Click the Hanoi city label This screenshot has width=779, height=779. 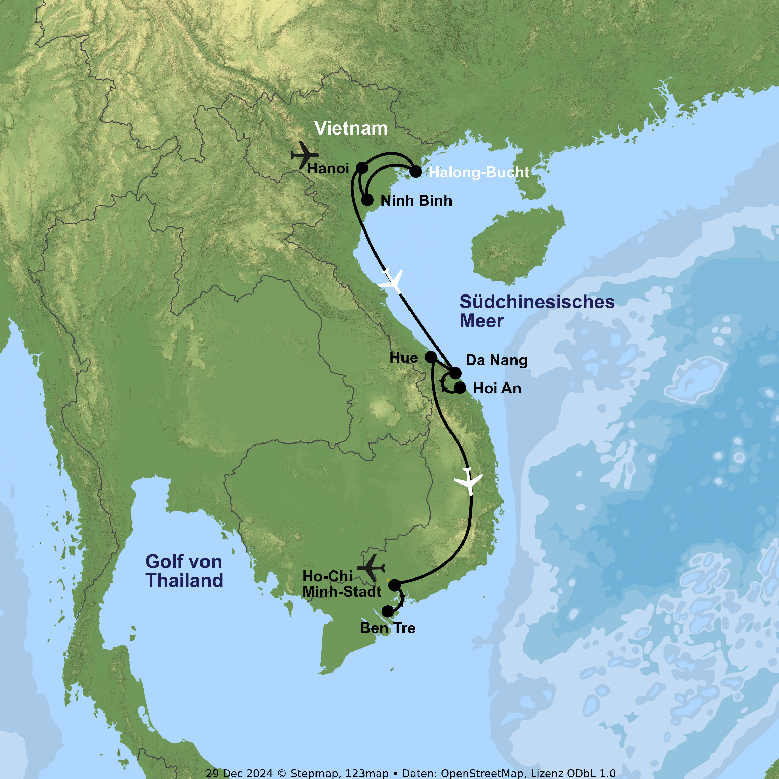(328, 169)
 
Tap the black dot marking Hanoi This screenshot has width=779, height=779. (362, 168)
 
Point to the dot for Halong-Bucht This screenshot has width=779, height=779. (416, 172)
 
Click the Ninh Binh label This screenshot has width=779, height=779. (416, 201)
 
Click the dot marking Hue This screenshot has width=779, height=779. (431, 357)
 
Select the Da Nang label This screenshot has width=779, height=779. (496, 360)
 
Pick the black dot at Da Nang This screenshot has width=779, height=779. (455, 373)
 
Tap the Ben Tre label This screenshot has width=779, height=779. (387, 628)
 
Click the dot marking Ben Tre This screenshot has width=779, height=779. (387, 611)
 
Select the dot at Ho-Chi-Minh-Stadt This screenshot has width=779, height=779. (394, 585)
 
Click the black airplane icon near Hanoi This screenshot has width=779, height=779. (304, 155)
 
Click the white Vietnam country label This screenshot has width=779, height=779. (351, 128)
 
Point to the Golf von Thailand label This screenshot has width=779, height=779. (184, 571)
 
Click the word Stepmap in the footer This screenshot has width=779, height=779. (314, 773)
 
